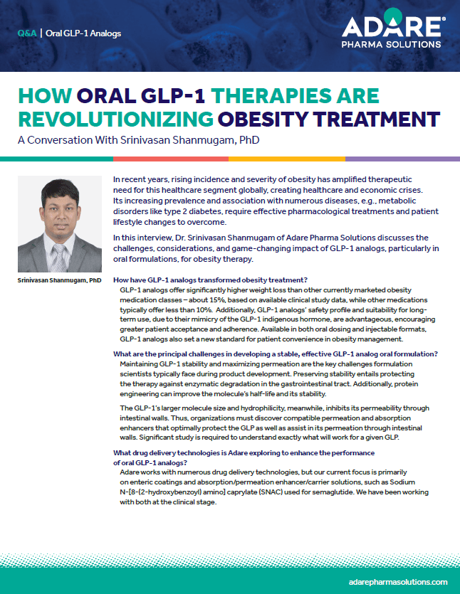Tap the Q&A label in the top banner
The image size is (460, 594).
pos(25,33)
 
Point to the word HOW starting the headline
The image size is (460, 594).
pos(41,96)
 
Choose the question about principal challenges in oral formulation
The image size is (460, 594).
pos(276,354)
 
